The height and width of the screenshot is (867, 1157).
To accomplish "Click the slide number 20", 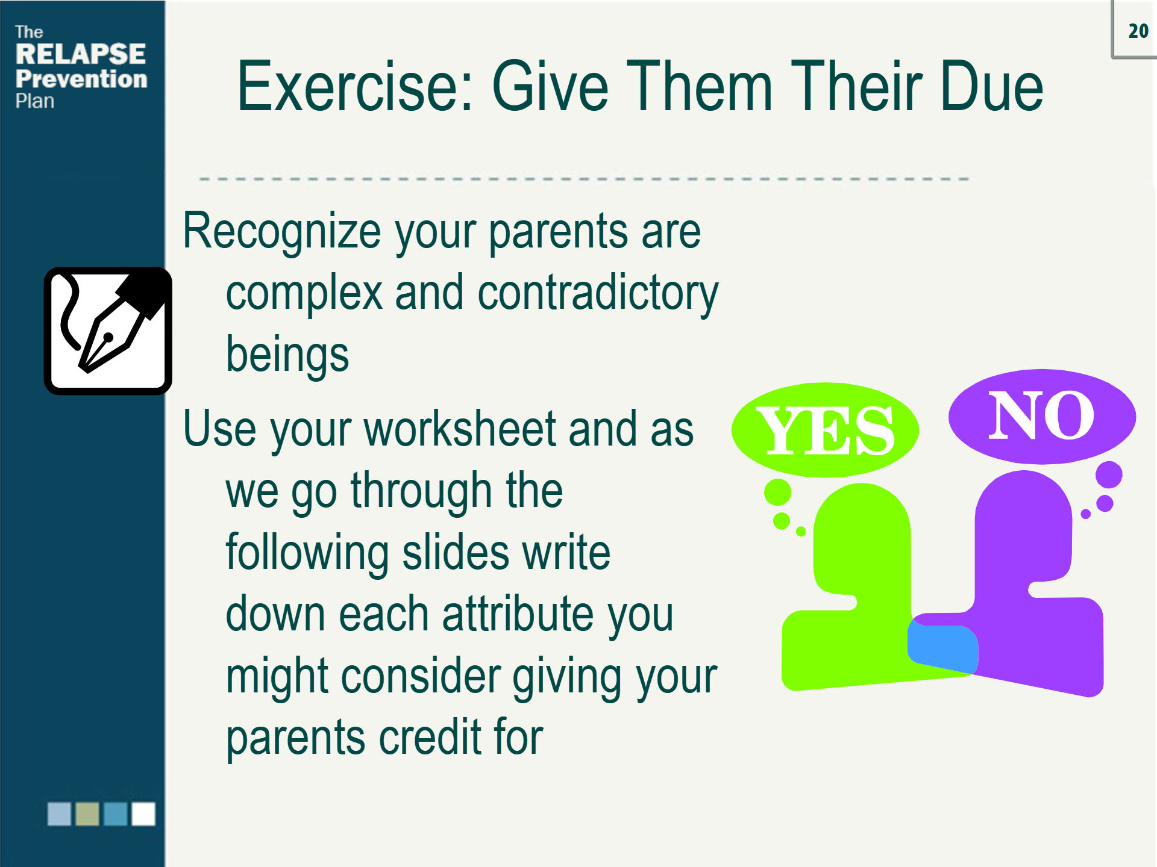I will click(1138, 31).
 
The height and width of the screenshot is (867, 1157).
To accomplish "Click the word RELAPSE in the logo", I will click(81, 54).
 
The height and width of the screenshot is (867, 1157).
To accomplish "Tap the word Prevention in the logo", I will click(81, 79).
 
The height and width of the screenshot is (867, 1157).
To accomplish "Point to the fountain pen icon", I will click(108, 331).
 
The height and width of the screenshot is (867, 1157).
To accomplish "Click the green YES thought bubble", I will click(825, 430).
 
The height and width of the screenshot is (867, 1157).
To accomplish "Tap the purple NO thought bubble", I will click(1042, 416).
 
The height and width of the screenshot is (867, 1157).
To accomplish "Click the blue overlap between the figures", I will click(942, 648).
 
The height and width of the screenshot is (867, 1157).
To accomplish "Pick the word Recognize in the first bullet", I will click(282, 231).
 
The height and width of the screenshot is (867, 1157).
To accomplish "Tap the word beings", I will click(287, 355).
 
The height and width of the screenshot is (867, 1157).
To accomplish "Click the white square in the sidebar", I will click(143, 814).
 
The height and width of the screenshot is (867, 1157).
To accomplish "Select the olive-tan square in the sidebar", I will click(87, 814).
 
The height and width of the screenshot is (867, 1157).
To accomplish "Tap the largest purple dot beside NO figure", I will click(1109, 474).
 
